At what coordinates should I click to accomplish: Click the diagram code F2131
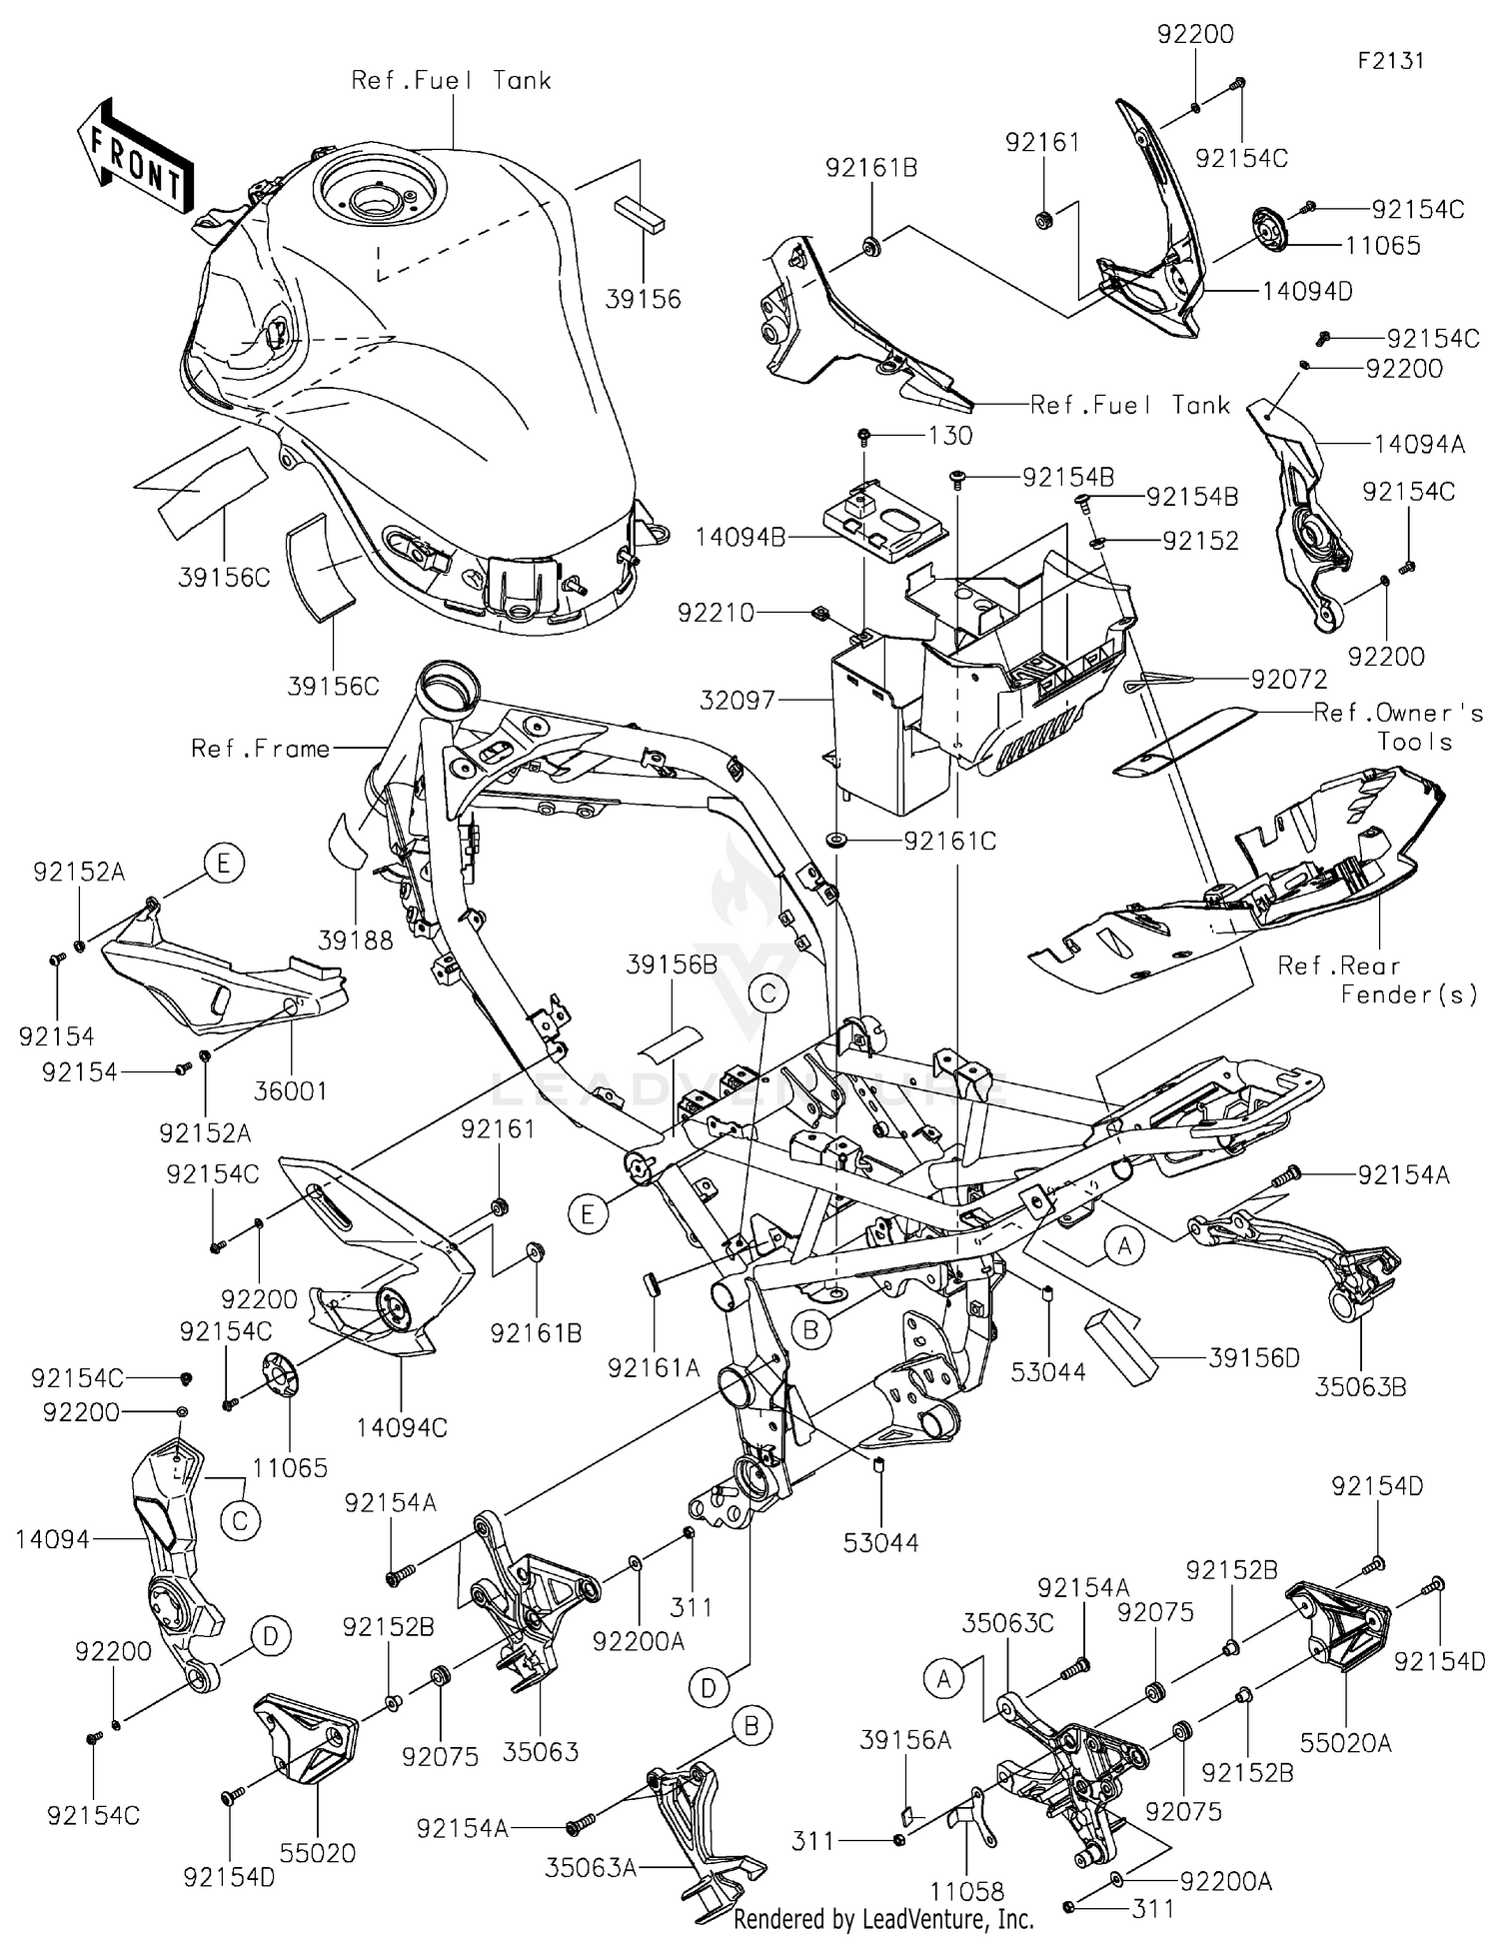[1390, 60]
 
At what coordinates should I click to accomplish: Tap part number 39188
[356, 941]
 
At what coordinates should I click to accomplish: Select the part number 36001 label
[290, 1090]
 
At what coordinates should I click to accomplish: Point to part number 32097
[738, 700]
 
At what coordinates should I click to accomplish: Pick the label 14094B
[741, 538]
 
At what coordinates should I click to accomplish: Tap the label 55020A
[1345, 1742]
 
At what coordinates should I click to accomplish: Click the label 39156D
[1254, 1358]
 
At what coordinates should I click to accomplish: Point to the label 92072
[1289, 680]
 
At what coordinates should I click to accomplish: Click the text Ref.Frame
[260, 749]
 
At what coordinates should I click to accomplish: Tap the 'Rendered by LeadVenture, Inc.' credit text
[883, 1918]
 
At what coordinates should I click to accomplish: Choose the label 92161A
[654, 1367]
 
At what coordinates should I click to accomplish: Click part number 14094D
[1307, 291]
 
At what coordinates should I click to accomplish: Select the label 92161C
[949, 841]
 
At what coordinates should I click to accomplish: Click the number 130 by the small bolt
[950, 436]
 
